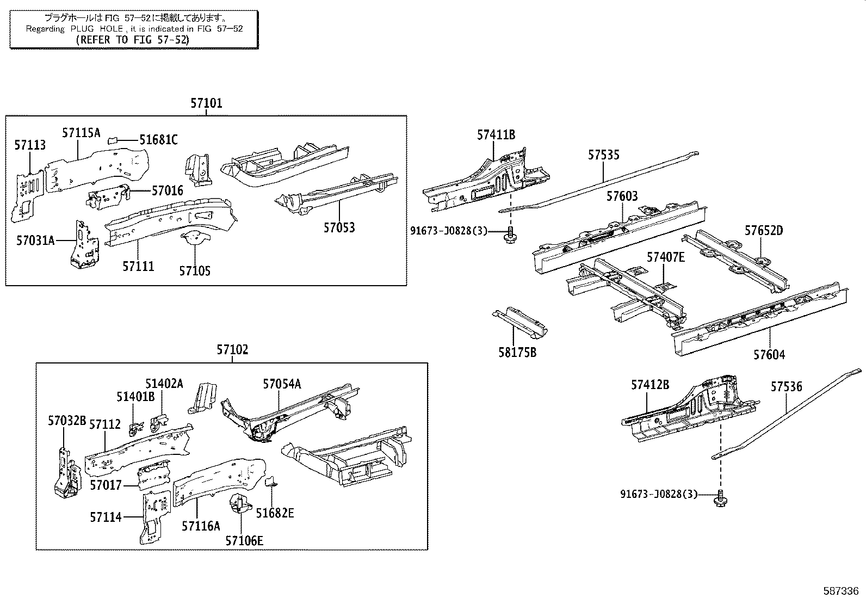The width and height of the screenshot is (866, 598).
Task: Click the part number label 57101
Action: pyautogui.click(x=206, y=103)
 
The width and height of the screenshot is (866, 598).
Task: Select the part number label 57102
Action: pyautogui.click(x=232, y=350)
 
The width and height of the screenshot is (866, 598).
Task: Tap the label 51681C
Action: pyautogui.click(x=158, y=140)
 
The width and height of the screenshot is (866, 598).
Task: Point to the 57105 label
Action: pyautogui.click(x=195, y=270)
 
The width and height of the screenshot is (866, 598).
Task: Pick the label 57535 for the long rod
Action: pyautogui.click(x=603, y=155)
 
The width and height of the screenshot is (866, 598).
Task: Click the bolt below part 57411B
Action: pyautogui.click(x=510, y=235)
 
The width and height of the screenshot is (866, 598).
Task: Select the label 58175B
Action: pyautogui.click(x=517, y=353)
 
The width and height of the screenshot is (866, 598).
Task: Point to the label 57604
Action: pyautogui.click(x=769, y=355)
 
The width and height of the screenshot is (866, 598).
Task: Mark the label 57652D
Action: pyautogui.click(x=764, y=230)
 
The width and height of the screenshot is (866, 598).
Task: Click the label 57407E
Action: pyautogui.click(x=665, y=257)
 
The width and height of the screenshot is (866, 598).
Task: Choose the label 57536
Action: pyautogui.click(x=786, y=387)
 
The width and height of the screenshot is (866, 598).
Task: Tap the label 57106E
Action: pyautogui.click(x=244, y=540)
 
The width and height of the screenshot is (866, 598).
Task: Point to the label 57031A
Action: pyautogui.click(x=35, y=240)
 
